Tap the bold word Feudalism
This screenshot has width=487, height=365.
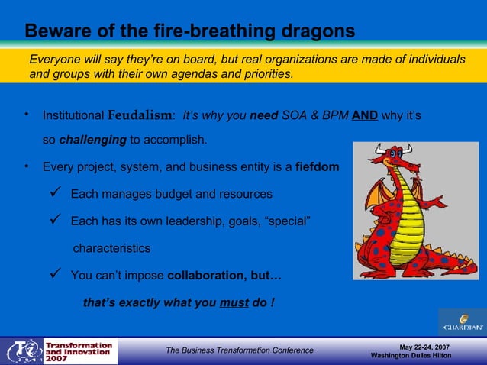pyautogui.click(x=140, y=115)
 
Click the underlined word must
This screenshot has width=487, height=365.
pyautogui.click(x=234, y=302)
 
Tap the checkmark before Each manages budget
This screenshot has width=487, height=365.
pyautogui.click(x=55, y=194)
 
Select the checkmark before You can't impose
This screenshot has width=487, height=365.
pyautogui.click(x=55, y=275)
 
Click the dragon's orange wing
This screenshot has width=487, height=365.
pyautogui.click(x=375, y=199)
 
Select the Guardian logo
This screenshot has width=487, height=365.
pyautogui.click(x=462, y=322)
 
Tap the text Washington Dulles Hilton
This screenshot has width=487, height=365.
pyautogui.click(x=416, y=357)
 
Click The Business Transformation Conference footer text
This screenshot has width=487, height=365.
pyautogui.click(x=240, y=350)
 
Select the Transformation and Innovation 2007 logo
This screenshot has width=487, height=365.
pyautogui.click(x=61, y=351)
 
